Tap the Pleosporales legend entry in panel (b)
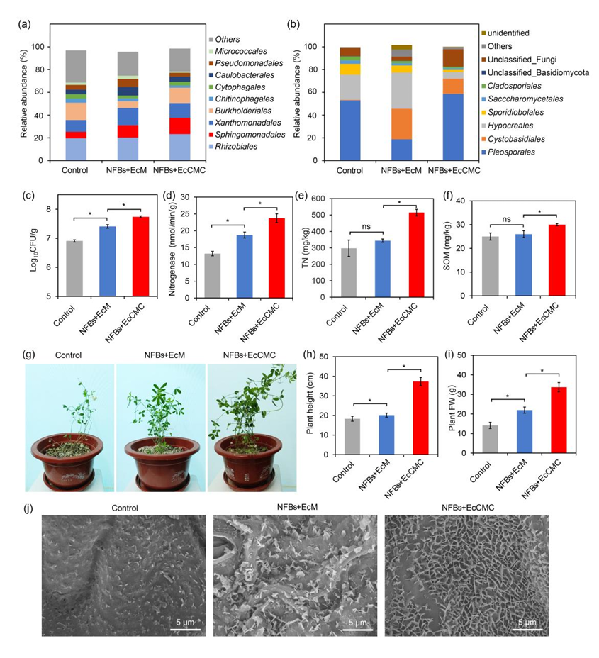coord(508,152)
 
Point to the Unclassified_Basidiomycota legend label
coord(534,72)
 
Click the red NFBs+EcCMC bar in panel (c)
coord(141,257)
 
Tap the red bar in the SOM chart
coord(556,260)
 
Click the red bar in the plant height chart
coord(421,418)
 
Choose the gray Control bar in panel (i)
coord(490,440)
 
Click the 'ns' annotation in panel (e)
coord(366,226)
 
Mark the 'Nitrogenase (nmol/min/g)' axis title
coord(172,248)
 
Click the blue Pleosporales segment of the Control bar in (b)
coord(350,130)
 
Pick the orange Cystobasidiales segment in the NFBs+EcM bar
coord(401,124)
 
